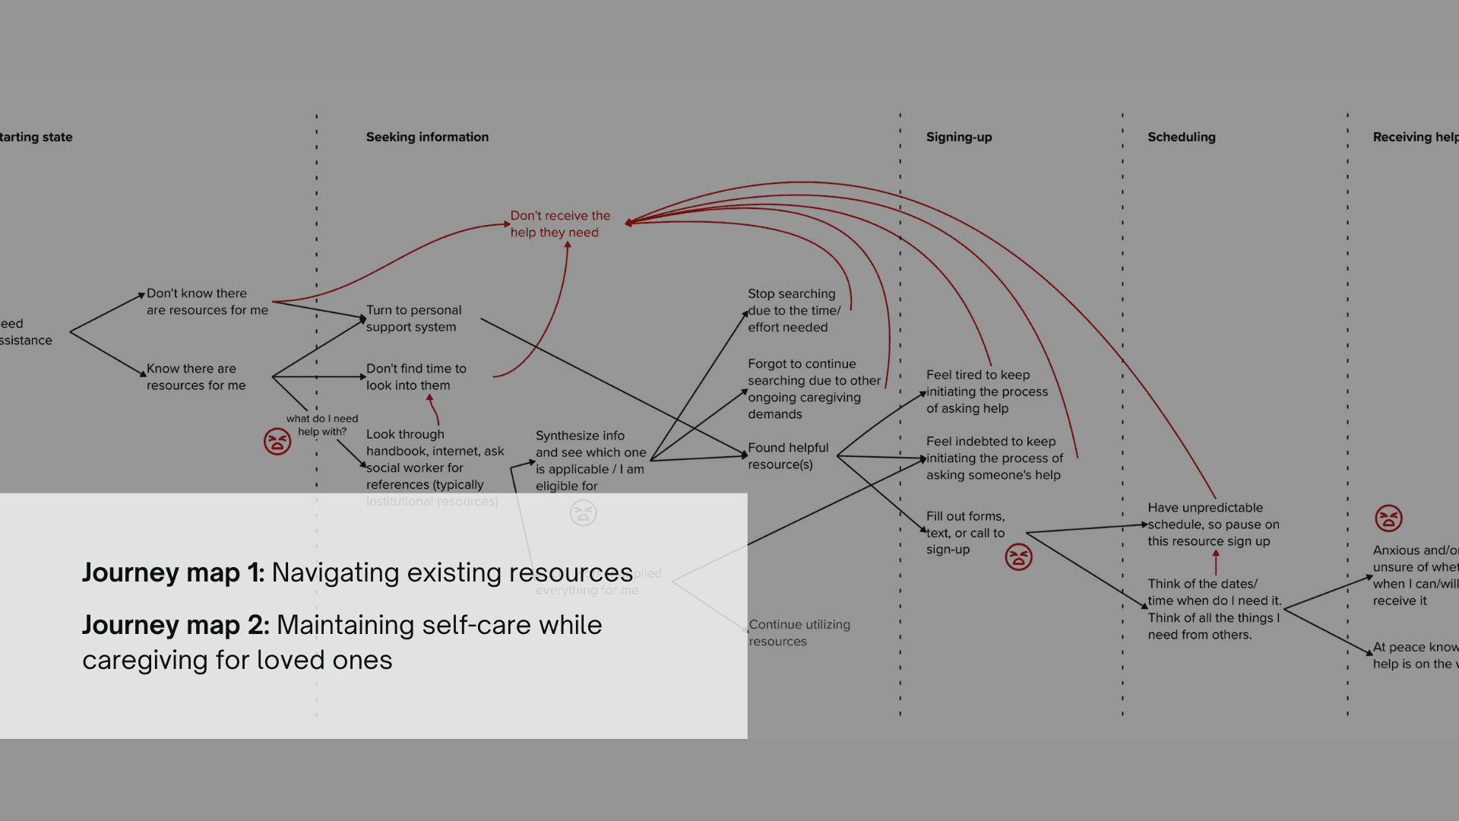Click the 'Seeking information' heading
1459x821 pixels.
click(427, 137)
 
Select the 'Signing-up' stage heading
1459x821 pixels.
click(959, 137)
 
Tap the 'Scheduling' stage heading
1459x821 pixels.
click(1181, 137)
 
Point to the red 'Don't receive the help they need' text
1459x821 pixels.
click(560, 224)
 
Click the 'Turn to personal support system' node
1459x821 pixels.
click(413, 319)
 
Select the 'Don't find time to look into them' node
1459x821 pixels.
click(416, 377)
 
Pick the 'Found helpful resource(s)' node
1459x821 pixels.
click(788, 456)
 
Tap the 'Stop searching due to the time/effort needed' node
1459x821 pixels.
click(794, 310)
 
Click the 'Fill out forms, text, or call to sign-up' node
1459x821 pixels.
click(965, 533)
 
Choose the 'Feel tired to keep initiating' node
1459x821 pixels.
click(986, 391)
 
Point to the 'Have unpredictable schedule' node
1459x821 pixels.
click(1213, 525)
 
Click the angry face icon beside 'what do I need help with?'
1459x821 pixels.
click(277, 441)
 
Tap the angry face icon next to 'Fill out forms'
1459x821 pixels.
click(1018, 557)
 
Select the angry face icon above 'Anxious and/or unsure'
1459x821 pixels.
click(1388, 518)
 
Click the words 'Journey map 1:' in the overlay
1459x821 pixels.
click(173, 572)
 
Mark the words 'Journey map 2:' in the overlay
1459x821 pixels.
click(176, 625)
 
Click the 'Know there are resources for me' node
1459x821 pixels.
click(196, 377)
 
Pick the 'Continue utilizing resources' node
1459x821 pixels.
click(799, 632)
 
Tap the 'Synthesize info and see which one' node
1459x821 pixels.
click(590, 461)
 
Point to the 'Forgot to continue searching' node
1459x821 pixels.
click(813, 388)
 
